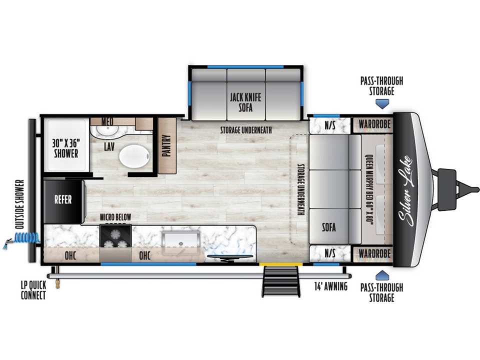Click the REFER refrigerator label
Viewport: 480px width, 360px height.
pyautogui.click(x=63, y=199)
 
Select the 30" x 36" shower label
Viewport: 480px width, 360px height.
pyautogui.click(x=66, y=148)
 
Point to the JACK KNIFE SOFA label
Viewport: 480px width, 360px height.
pyautogui.click(x=246, y=102)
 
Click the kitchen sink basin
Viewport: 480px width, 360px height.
pyautogui.click(x=180, y=239)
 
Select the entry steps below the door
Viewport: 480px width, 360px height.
pyautogui.click(x=280, y=281)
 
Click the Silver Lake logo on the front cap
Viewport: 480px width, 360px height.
pyautogui.click(x=405, y=191)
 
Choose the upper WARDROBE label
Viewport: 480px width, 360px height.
pyautogui.click(x=374, y=124)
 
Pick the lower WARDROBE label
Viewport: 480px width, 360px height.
pyautogui.click(x=374, y=253)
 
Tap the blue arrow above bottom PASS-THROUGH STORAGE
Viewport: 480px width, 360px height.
pyautogui.click(x=381, y=275)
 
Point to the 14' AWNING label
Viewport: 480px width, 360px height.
pyautogui.click(x=331, y=286)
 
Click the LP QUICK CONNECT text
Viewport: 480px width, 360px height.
pyautogui.click(x=33, y=290)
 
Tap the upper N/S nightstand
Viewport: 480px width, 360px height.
pyautogui.click(x=330, y=125)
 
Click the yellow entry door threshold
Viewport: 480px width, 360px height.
pyautogui.click(x=281, y=264)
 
